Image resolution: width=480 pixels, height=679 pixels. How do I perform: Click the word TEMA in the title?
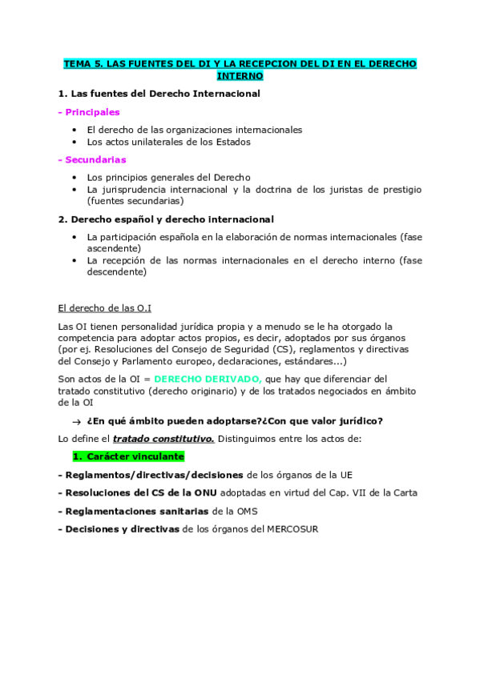click(x=78, y=63)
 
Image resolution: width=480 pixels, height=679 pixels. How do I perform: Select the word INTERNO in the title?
click(x=240, y=76)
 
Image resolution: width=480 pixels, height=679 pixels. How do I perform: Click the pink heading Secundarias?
click(x=94, y=159)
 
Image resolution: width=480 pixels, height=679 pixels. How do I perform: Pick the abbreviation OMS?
click(x=246, y=511)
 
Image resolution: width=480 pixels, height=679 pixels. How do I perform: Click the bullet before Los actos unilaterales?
click(x=75, y=142)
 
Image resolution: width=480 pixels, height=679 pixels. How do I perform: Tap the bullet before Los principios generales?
click(x=75, y=177)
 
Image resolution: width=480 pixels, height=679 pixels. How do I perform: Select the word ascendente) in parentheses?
click(x=112, y=248)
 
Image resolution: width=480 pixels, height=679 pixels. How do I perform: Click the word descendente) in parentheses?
click(x=117, y=272)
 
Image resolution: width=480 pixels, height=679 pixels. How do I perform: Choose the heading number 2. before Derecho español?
click(x=63, y=219)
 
